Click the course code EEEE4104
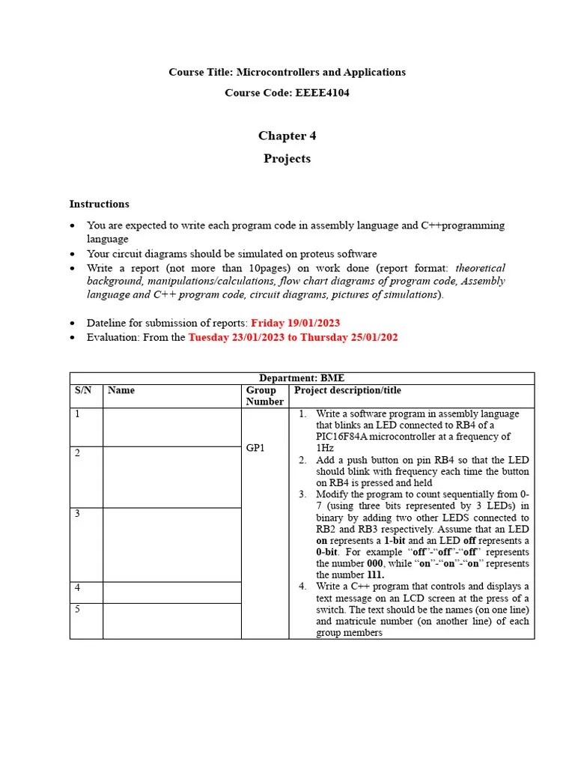tap(317, 93)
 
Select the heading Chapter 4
tap(287, 136)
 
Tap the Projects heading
tap(287, 159)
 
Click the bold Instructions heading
tap(99, 204)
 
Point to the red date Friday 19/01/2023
tap(295, 323)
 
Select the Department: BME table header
tap(302, 378)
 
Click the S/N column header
tap(82, 390)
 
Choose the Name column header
tap(121, 390)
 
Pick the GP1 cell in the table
tap(256, 448)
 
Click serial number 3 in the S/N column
tap(77, 513)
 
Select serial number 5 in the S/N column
tap(77, 609)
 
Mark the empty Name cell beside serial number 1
tap(171, 427)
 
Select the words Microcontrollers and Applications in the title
tap(320, 72)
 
